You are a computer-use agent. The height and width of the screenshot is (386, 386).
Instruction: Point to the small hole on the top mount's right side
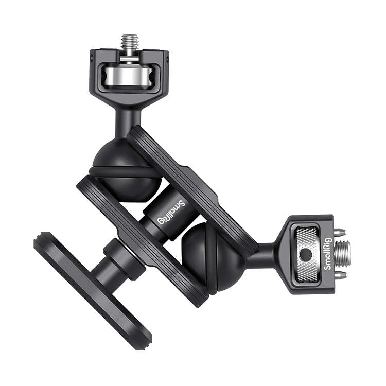pos(167,59)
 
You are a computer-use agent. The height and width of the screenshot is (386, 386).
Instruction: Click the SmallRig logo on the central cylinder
pos(171,212)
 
